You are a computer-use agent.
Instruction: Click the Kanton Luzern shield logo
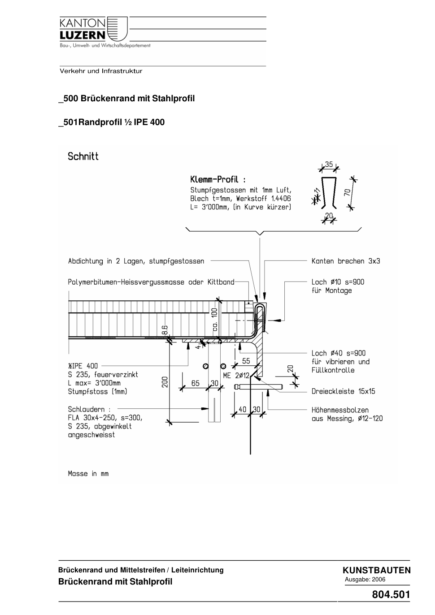[x=117, y=29]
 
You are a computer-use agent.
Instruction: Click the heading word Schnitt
[x=83, y=156]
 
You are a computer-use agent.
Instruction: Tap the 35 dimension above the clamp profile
[x=329, y=164]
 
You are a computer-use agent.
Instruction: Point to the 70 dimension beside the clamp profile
[x=348, y=192]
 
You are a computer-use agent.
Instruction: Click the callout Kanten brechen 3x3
[x=346, y=261]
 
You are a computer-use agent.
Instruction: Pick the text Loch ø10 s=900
[x=338, y=282]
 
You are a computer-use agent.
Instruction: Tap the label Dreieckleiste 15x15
[x=343, y=391]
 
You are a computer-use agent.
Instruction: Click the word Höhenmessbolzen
[x=340, y=410]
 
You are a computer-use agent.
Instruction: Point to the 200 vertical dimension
[x=165, y=382]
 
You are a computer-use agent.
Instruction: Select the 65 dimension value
[x=195, y=383]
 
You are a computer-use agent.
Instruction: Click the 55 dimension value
[x=246, y=361]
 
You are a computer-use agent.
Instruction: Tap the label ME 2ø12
[x=236, y=375]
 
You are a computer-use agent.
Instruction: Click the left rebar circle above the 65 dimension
[x=205, y=366]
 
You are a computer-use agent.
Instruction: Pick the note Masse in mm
[x=88, y=474]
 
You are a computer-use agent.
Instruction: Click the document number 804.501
[x=391, y=594]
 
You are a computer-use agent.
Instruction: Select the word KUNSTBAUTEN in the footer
[x=377, y=570]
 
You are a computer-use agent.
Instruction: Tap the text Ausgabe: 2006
[x=365, y=579]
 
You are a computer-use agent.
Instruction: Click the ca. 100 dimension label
[x=215, y=320]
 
